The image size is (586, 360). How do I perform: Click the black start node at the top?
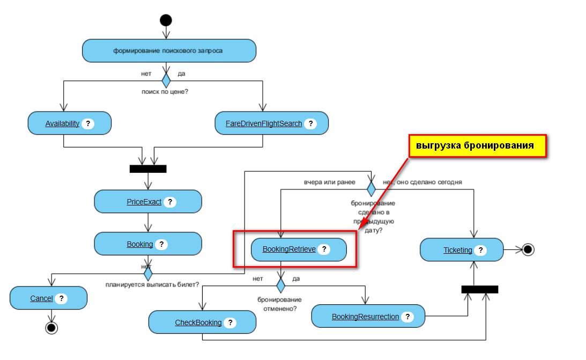(x=166, y=20)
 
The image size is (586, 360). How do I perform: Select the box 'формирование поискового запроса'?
(x=169, y=51)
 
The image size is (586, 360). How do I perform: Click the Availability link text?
(x=62, y=123)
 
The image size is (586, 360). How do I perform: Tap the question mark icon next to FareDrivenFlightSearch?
(x=310, y=123)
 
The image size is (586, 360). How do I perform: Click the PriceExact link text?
(x=144, y=202)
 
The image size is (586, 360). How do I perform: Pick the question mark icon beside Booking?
(x=161, y=244)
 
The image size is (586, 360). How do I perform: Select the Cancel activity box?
(x=48, y=298)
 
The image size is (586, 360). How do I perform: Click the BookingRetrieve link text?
(x=289, y=249)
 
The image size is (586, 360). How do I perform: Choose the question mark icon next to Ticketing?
(x=480, y=250)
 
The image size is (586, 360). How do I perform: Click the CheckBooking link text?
(x=198, y=322)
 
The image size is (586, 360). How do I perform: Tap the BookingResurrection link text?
(x=365, y=317)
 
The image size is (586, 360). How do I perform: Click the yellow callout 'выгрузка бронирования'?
(x=477, y=146)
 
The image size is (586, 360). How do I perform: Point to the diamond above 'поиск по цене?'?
(x=166, y=80)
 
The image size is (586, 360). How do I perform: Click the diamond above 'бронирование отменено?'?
(x=280, y=285)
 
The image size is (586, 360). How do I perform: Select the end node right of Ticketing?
(x=528, y=249)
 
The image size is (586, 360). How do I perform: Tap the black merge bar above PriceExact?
(x=148, y=168)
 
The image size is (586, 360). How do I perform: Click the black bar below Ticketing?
(x=480, y=289)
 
